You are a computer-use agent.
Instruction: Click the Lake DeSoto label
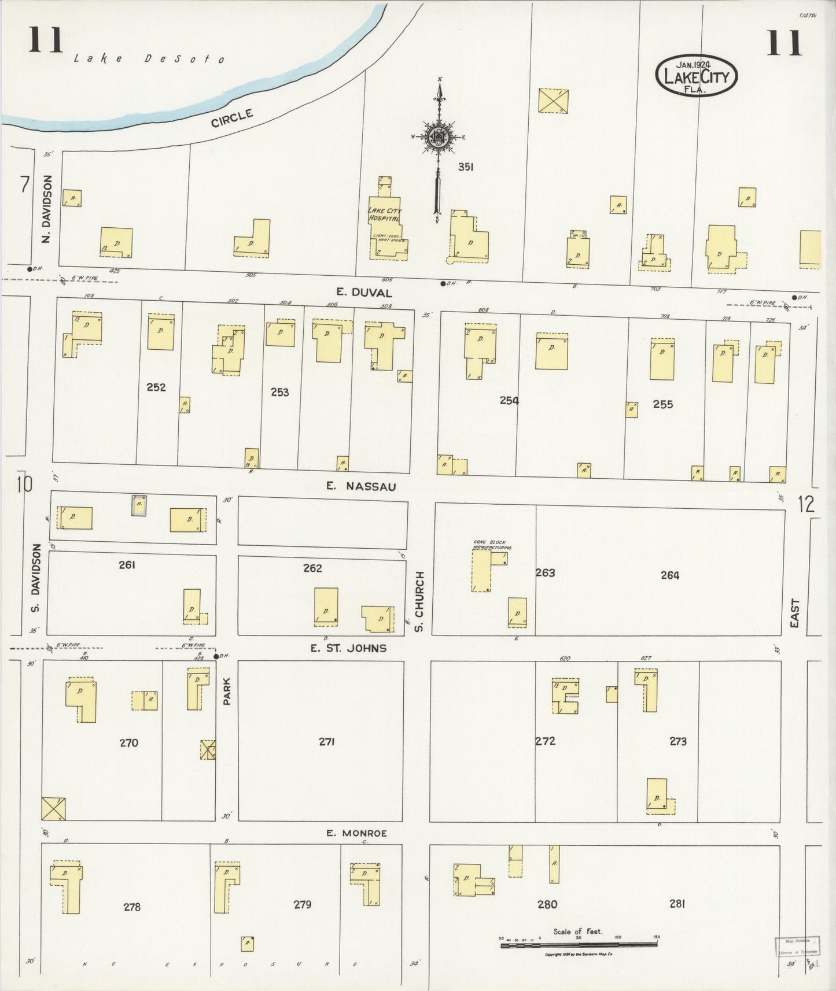(149, 58)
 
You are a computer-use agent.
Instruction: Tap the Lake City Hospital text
(384, 214)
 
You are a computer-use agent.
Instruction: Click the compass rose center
(439, 137)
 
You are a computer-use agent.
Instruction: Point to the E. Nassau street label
(361, 486)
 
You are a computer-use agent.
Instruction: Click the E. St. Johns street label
(348, 648)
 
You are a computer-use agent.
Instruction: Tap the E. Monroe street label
(356, 833)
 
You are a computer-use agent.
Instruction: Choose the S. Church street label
(420, 601)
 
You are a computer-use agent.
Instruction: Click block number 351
(466, 167)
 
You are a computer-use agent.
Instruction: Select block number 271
(327, 741)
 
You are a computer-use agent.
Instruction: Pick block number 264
(669, 575)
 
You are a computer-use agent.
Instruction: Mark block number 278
(132, 907)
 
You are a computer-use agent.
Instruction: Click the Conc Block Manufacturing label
(492, 545)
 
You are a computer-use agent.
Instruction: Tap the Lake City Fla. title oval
(696, 76)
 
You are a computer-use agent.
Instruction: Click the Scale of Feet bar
(579, 944)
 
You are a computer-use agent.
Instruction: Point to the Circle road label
(232, 119)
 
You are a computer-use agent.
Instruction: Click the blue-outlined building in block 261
(138, 505)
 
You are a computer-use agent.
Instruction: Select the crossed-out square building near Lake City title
(553, 101)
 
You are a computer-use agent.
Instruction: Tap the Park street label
(227, 692)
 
